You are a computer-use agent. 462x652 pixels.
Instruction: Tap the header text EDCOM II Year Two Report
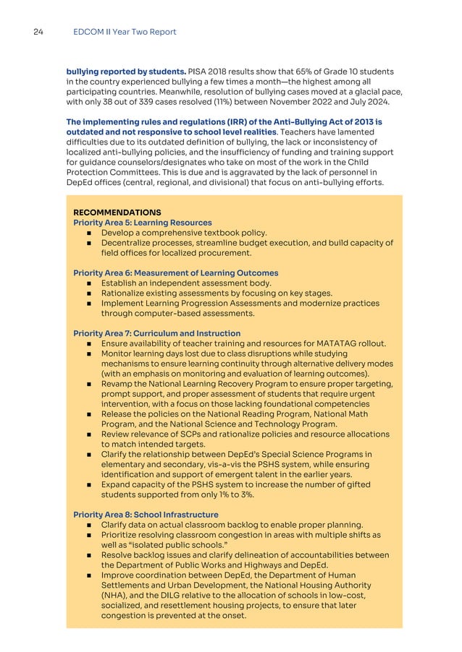coord(125,32)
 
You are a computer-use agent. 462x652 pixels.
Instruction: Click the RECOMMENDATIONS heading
coord(117,212)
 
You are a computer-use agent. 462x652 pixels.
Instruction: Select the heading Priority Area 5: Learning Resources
coord(143,223)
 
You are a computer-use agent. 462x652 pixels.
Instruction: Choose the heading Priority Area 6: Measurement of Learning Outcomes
coord(176,273)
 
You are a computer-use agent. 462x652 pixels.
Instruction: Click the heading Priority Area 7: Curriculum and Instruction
coord(157,333)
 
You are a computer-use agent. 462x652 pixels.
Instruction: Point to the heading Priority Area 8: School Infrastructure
coord(146,514)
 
